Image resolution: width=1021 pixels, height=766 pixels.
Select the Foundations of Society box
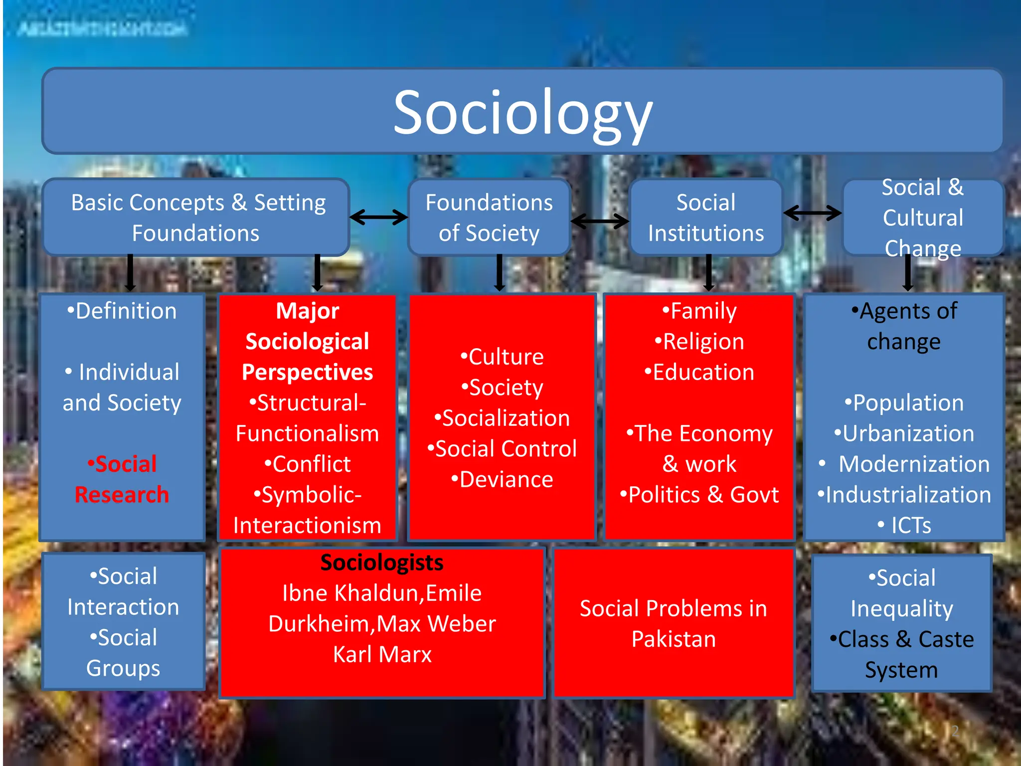tap(489, 217)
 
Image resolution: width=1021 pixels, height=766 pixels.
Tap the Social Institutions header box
tap(705, 217)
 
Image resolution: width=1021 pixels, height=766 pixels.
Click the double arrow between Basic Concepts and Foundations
tap(379, 217)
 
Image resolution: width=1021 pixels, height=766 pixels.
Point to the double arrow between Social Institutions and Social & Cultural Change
tap(812, 213)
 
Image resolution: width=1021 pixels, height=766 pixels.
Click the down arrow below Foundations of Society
tap(500, 273)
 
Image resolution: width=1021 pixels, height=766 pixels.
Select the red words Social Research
tap(122, 479)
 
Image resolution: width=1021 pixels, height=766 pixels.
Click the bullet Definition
tap(122, 311)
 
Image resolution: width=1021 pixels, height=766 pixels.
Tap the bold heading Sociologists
tap(382, 563)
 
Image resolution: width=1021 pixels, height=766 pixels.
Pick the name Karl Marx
tap(382, 654)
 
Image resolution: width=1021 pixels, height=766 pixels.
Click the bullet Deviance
tap(502, 480)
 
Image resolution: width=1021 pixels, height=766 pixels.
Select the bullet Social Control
tap(502, 449)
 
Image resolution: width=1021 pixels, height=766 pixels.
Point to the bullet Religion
tap(699, 342)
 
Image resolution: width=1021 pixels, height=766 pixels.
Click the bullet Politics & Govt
tap(699, 495)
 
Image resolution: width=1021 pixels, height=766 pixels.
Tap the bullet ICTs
tap(904, 525)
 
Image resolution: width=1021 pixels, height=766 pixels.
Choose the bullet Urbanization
tap(904, 433)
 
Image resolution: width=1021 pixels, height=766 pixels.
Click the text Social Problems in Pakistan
tap(674, 623)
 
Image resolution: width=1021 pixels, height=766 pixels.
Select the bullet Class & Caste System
tap(902, 654)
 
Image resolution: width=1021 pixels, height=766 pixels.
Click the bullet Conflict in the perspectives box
tap(308, 464)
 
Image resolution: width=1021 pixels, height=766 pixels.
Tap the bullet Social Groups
tap(123, 653)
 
